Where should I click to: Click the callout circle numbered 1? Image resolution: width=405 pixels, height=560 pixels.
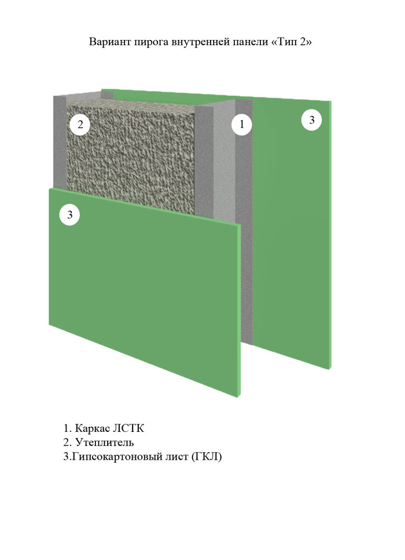pos(242,124)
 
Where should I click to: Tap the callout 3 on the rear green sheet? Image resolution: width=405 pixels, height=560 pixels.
pos(312,119)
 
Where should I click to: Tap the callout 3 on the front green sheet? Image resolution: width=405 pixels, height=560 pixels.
pos(69,214)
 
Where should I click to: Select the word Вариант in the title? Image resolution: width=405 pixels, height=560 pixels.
pos(110,42)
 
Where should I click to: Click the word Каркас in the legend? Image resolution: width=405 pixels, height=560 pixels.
pos(92,428)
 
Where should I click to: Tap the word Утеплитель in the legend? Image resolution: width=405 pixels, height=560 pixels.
pos(105,442)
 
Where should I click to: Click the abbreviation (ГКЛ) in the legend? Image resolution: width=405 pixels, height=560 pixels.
pos(207,456)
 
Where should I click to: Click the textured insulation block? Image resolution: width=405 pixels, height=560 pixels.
pos(131,157)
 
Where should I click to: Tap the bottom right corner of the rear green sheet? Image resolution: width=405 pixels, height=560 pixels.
pos(330,369)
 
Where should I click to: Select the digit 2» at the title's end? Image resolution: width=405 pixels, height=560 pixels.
pos(306,42)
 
